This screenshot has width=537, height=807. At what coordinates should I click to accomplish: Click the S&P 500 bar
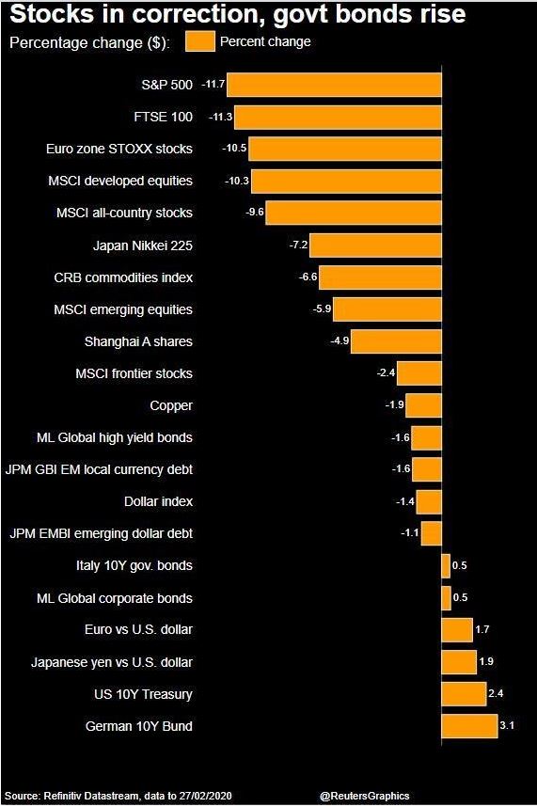point(334,85)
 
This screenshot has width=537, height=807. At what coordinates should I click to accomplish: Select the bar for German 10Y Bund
point(468,726)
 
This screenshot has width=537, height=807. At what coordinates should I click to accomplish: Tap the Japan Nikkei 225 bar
point(375,245)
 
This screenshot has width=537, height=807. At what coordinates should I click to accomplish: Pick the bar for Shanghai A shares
point(396,341)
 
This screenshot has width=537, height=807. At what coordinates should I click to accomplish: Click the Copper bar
point(423,405)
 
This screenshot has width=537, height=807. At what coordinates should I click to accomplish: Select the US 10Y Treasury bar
point(464,694)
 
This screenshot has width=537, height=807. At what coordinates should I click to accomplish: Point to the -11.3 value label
point(219,117)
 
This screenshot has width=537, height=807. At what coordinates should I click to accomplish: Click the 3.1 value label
point(508,726)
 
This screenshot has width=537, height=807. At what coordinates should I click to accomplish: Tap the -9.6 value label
point(254,214)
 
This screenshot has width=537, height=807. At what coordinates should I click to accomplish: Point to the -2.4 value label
point(386,373)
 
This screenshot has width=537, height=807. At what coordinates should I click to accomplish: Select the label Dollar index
point(158,501)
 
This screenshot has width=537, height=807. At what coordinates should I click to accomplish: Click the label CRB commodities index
point(123,277)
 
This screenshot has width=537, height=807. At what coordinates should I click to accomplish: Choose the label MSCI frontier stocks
point(134,373)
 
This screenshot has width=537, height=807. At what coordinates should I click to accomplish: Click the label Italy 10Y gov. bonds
point(134,565)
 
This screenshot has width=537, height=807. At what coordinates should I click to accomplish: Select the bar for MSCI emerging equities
point(387,309)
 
